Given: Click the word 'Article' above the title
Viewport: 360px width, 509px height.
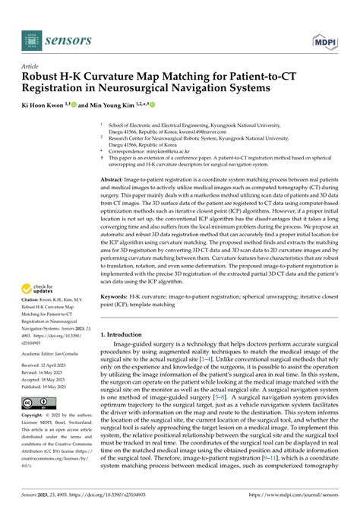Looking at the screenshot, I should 31,66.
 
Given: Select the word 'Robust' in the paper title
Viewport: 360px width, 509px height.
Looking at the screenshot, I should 45,78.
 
